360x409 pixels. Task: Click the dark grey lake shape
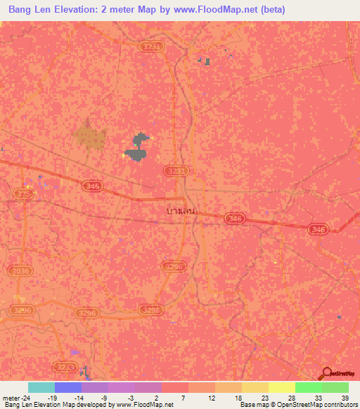[136, 148]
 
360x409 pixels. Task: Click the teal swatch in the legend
[41, 387]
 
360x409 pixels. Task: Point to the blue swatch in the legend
[68, 387]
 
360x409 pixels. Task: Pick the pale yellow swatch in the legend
[281, 387]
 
